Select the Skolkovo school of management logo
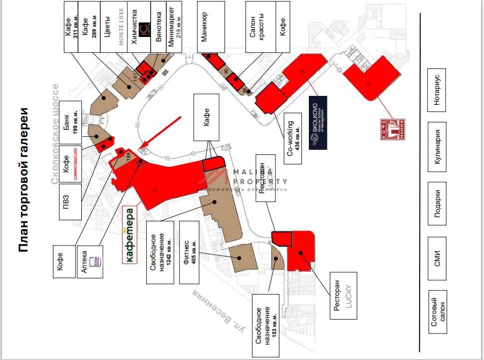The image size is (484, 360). (x=318, y=123)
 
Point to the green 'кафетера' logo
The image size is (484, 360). (x=129, y=234)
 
